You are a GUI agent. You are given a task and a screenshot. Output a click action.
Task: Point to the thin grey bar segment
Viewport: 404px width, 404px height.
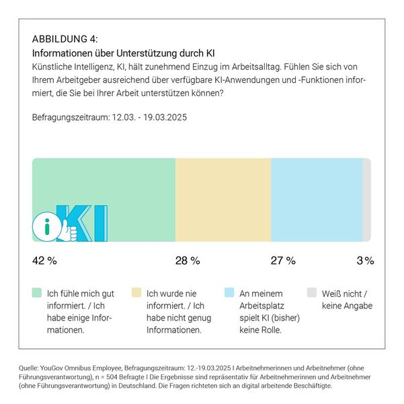366,199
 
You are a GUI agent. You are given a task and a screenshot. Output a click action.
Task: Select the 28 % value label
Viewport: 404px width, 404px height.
188,260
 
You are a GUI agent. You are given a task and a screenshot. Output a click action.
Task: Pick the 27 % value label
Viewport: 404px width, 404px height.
282,260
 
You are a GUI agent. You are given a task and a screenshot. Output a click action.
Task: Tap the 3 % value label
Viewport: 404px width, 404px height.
365,260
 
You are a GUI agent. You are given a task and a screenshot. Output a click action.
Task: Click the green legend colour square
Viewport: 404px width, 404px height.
36,293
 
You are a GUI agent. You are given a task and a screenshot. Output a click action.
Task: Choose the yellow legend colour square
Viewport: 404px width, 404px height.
135,293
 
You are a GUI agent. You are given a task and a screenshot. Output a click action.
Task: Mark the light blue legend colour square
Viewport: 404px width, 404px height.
229,293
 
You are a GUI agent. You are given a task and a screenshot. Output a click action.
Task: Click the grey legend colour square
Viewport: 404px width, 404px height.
311,293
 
